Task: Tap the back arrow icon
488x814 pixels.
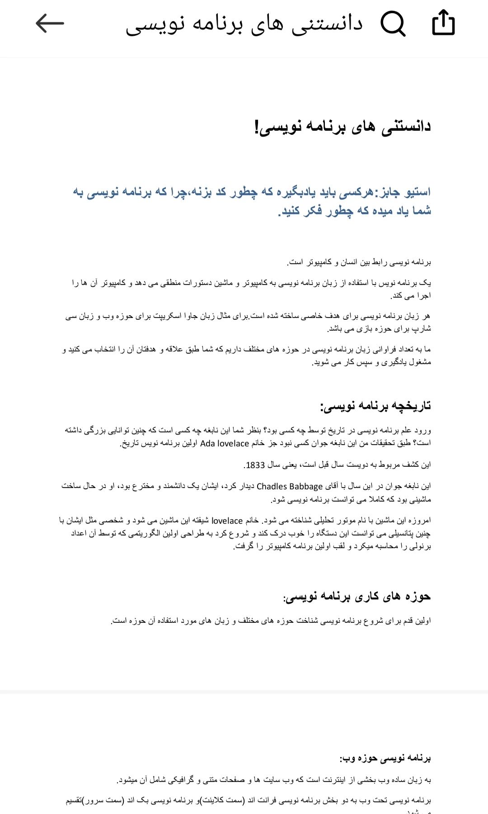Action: (x=50, y=24)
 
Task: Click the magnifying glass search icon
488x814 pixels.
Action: (x=393, y=24)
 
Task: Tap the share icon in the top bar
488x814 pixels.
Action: (x=443, y=23)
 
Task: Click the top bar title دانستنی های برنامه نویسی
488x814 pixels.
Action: (x=244, y=24)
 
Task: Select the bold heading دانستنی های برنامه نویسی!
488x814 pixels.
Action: (x=343, y=127)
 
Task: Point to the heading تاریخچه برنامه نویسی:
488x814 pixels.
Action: (x=375, y=406)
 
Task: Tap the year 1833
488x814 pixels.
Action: (x=255, y=465)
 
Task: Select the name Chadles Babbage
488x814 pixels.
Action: (x=290, y=487)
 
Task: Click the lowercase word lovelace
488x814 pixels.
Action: (x=227, y=521)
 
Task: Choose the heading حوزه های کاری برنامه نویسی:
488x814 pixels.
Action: (x=357, y=597)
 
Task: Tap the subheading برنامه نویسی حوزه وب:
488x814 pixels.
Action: (x=385, y=758)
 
